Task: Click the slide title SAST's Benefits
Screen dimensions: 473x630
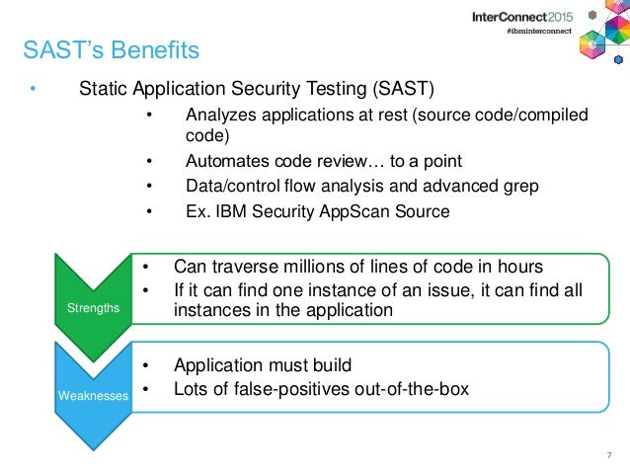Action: point(111,48)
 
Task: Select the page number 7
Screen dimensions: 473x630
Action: point(609,455)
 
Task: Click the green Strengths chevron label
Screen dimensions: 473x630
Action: point(91,308)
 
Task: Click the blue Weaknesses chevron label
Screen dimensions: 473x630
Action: point(91,395)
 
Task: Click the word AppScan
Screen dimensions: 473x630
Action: point(343,210)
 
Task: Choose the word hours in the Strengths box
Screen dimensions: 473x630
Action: point(516,267)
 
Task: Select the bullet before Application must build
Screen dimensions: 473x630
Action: point(145,363)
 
